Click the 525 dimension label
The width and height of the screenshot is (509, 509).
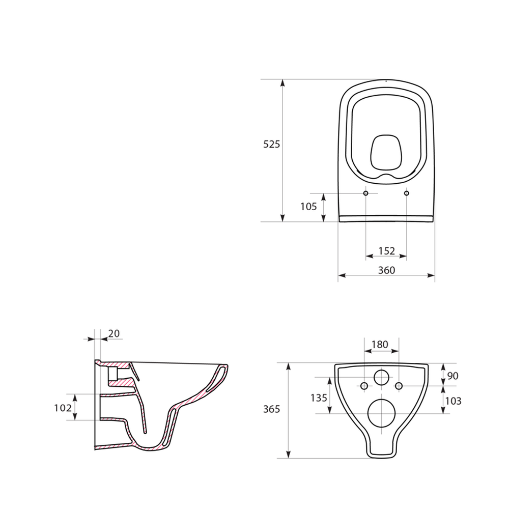click(x=271, y=145)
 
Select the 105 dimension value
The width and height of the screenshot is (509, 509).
click(x=308, y=207)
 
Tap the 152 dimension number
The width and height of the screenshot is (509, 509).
click(x=386, y=251)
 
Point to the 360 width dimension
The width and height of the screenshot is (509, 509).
click(x=386, y=270)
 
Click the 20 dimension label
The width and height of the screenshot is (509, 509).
click(x=114, y=333)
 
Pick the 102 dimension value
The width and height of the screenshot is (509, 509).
click(x=63, y=407)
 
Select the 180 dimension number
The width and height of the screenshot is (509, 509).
click(x=380, y=345)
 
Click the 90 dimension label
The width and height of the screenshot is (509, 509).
click(x=453, y=376)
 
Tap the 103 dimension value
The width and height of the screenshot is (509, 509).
click(x=453, y=401)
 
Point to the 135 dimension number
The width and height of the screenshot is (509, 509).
click(x=319, y=398)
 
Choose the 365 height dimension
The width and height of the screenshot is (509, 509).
click(x=271, y=409)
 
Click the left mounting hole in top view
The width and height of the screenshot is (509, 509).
click(x=365, y=193)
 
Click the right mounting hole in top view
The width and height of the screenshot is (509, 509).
click(x=406, y=193)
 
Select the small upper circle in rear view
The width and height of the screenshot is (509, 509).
click(x=381, y=377)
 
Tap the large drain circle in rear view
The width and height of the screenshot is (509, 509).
click(x=381, y=413)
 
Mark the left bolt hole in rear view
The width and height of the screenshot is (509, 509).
click(x=363, y=386)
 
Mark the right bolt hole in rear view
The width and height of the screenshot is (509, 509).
click(x=399, y=386)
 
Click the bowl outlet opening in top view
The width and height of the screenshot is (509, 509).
click(x=386, y=152)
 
